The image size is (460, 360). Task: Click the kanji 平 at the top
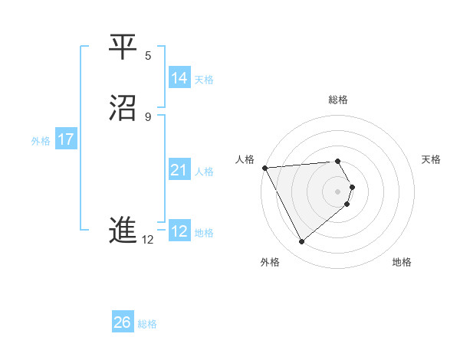[x=123, y=47]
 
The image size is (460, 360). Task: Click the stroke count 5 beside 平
[x=148, y=55]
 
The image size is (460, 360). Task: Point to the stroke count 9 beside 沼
[x=148, y=116]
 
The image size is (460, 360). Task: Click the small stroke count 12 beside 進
[x=147, y=240]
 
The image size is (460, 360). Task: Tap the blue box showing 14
[x=179, y=78]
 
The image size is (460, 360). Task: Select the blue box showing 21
[x=179, y=170]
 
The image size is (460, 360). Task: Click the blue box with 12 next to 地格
[x=179, y=231]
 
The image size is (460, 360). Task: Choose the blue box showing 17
[x=66, y=139]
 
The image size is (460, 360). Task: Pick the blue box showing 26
[x=123, y=322]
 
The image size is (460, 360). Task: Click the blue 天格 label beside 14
[x=204, y=80]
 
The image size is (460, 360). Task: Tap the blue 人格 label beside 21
[x=204, y=172]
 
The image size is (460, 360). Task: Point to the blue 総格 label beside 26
[x=147, y=324]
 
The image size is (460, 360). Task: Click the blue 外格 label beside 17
[x=41, y=141]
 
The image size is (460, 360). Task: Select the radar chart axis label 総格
[x=338, y=100]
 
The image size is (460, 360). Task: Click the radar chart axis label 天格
[x=432, y=159]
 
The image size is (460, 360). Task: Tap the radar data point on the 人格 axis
[x=264, y=168]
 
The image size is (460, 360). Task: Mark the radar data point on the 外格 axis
[x=302, y=242]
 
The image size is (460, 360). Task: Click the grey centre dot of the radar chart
[x=338, y=191]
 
